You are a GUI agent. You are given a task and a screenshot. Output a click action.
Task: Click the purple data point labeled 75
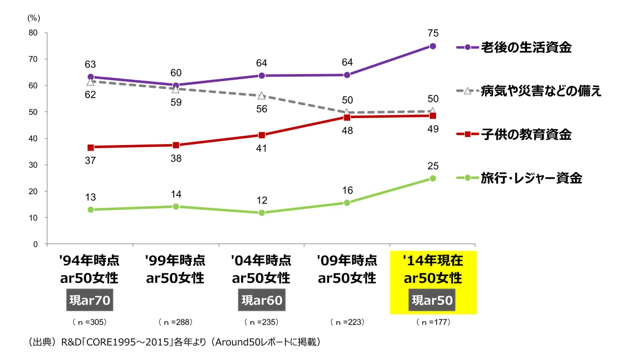pos(433,46)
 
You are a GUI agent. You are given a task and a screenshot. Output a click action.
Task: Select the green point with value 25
pos(433,178)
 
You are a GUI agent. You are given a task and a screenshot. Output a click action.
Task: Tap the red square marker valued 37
pos(90,147)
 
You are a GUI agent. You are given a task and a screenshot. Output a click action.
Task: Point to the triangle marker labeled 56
pos(261,96)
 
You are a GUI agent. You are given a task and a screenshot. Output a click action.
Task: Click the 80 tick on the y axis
pos(33,32)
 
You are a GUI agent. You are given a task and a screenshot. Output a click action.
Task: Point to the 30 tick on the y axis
pos(33,165)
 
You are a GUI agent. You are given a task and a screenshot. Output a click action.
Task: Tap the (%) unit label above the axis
pos(33,17)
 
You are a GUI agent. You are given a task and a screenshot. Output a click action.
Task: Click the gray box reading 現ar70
pos(90,300)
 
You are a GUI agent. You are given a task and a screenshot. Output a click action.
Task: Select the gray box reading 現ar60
pos(262,300)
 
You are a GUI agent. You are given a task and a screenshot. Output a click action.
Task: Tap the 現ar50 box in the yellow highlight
pos(432,300)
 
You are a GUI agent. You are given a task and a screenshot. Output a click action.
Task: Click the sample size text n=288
pos(175,322)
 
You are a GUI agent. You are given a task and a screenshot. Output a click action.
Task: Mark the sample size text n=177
pos(432,322)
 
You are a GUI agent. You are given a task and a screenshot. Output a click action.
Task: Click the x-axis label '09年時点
pos(347,260)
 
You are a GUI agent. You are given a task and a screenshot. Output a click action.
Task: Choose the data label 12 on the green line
pos(261,200)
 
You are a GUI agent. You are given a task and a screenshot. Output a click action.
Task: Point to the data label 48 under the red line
pos(347,130)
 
